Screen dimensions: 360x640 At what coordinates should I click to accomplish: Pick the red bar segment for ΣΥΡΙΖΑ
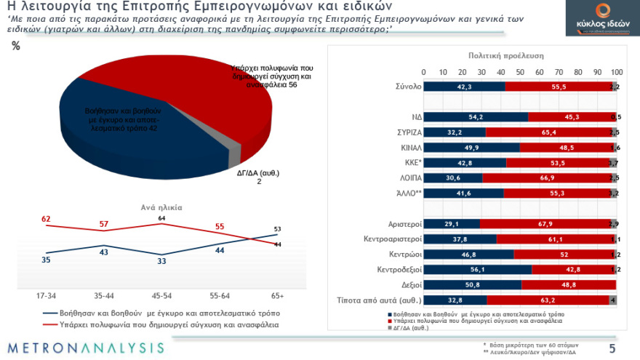point(548,132)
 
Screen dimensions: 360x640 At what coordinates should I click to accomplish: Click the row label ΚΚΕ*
point(406,163)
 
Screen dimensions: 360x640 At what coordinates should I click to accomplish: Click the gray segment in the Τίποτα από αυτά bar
point(612,300)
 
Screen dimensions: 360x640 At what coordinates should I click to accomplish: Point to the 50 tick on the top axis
point(520,73)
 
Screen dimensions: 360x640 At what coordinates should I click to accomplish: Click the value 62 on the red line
point(46,218)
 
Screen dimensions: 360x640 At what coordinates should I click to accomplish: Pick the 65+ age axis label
point(276,296)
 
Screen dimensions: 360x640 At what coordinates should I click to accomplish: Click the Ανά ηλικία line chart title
point(161,207)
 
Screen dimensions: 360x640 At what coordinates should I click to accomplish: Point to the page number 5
point(612,348)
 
